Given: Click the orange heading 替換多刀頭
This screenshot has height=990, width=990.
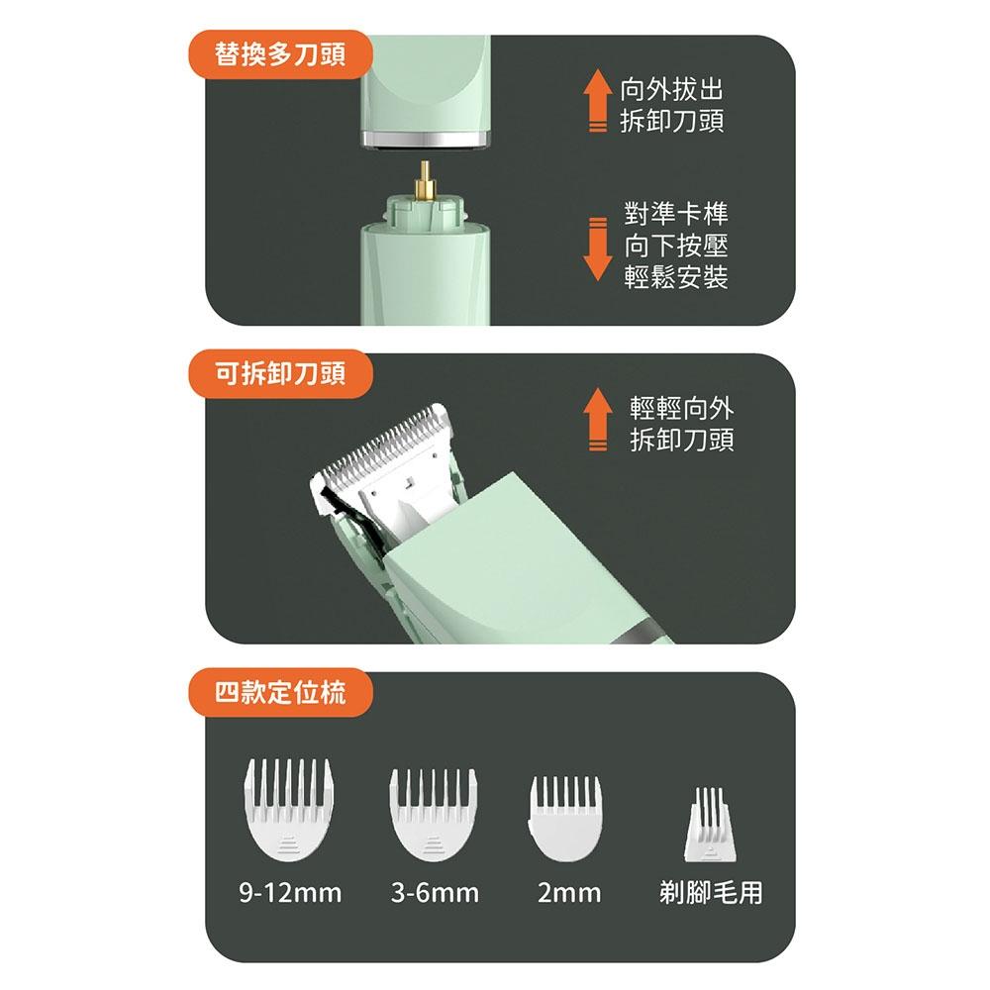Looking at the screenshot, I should (280, 54).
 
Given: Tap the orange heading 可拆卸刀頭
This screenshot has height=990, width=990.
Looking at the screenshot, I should (280, 373).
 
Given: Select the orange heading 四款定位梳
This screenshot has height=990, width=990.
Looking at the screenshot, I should (280, 692).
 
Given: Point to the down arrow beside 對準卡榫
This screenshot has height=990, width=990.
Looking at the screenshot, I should (596, 247).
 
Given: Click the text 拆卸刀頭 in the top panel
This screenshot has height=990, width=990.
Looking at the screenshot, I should (671, 122).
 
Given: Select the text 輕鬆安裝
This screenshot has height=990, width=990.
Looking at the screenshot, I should (676, 278).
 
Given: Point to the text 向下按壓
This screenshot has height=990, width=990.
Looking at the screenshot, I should (676, 247).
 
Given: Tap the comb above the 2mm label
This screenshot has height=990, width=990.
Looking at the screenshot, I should (566, 817).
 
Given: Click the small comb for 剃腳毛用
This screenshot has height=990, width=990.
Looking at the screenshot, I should (709, 822).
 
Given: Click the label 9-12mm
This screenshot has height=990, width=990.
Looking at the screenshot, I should (290, 894).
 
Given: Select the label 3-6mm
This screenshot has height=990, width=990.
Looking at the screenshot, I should (435, 894).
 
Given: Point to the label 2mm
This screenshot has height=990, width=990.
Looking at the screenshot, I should (569, 894).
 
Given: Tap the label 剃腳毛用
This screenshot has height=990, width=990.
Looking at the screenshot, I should (711, 894).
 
